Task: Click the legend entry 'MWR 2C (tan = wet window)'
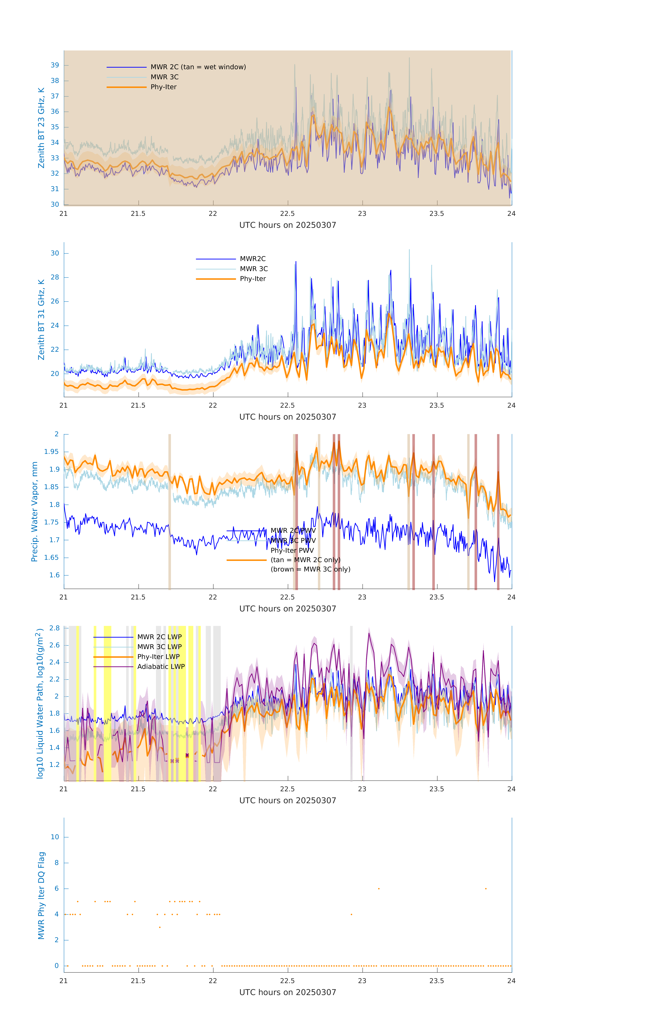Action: [198, 67]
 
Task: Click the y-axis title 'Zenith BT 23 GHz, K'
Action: [41, 128]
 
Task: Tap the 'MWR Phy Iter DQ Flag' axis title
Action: [41, 895]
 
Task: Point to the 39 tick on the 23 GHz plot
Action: [55, 65]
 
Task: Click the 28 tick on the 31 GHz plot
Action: [55, 277]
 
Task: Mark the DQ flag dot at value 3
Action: [160, 927]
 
